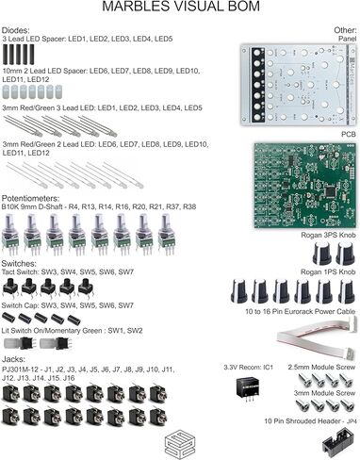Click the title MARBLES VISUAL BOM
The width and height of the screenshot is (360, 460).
coord(180,8)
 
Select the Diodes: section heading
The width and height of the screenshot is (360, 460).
coord(15,30)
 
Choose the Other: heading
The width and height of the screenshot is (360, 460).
coord(345,30)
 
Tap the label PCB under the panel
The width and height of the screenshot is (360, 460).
coord(348,135)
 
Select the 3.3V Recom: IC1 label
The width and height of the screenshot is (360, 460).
coord(248,366)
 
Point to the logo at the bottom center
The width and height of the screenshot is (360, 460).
coord(180,439)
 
